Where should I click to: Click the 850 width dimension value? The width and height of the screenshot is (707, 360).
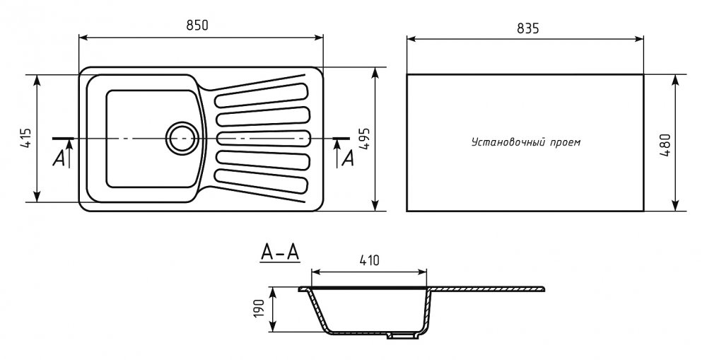[x=197, y=25]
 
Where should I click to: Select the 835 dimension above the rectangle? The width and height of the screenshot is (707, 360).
[x=527, y=29]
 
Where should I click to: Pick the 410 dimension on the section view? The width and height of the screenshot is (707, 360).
[x=369, y=260]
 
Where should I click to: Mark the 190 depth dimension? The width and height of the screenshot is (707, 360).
[x=259, y=308]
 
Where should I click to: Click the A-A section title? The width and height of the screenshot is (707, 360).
[x=280, y=253]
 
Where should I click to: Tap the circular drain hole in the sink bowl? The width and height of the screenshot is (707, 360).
[x=182, y=137]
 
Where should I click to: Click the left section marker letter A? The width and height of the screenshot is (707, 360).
[x=58, y=158]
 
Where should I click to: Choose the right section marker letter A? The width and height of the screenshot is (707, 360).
[x=348, y=158]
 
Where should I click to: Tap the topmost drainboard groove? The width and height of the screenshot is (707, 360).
[x=263, y=95]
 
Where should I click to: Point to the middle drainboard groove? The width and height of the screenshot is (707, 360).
[x=263, y=138]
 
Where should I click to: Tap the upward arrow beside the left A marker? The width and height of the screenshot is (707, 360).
[x=70, y=153]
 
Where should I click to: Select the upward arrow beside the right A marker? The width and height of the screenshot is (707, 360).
[x=337, y=153]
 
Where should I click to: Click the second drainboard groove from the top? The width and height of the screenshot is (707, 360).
[x=263, y=117]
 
